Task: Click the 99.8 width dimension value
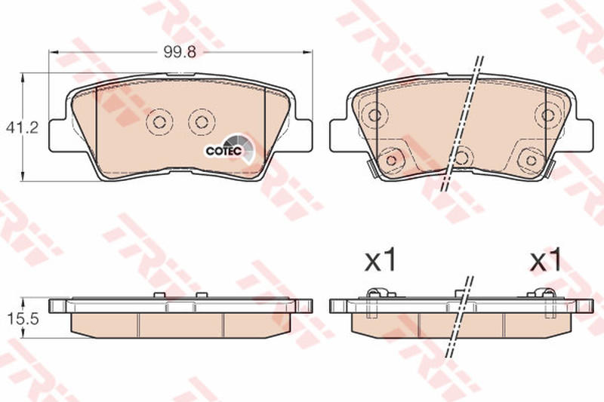click(x=180, y=52)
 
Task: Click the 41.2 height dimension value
click(x=23, y=127)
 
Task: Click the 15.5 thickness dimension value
click(x=23, y=319)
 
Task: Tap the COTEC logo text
click(x=223, y=150)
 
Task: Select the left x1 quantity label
click(x=381, y=261)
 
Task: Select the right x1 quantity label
click(x=546, y=261)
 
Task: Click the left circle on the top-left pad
click(x=159, y=122)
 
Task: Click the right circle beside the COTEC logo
click(x=201, y=122)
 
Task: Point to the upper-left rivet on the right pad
click(x=374, y=115)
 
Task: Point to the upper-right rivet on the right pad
click(x=547, y=115)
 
